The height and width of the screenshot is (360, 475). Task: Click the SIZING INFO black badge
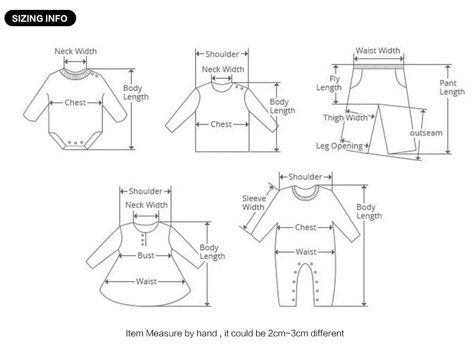40,18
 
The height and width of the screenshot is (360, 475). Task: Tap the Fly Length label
329,83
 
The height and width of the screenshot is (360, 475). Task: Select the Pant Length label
452,88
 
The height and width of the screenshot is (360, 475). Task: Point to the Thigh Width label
345,118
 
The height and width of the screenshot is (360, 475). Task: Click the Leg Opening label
339,146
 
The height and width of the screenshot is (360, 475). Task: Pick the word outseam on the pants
426,133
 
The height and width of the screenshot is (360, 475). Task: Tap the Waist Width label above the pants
378,50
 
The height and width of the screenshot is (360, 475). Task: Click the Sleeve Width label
254,203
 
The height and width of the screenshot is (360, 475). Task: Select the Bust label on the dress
145,256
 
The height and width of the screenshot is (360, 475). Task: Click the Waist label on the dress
146,281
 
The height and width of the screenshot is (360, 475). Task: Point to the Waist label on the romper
306,252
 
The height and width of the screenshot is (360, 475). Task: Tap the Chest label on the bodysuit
75,103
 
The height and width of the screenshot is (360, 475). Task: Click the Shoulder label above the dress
145,191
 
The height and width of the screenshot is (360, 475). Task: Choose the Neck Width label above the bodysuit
75,51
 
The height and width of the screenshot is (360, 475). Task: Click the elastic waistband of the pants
379,67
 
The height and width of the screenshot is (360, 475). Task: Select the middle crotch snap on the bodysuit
75,142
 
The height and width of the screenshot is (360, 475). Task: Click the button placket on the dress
142,239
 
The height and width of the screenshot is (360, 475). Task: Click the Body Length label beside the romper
369,212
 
